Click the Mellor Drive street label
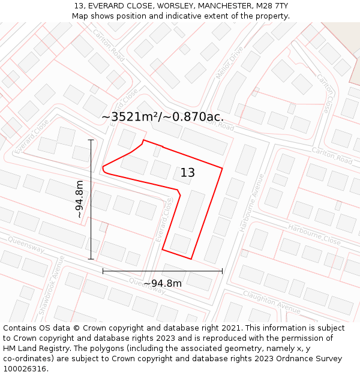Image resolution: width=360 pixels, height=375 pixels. click(229, 62)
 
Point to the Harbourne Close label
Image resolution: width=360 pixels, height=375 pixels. click(314, 235)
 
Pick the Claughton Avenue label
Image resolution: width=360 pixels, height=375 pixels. click(271, 302)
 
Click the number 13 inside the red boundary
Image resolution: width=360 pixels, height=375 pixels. click(187, 173)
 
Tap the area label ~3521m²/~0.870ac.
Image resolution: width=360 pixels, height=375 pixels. click(163, 117)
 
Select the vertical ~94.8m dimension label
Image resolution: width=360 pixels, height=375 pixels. click(80, 200)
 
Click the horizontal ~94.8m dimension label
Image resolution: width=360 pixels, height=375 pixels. click(162, 283)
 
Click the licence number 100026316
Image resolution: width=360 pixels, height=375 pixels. click(26, 368)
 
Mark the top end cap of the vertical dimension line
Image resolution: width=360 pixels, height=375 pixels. click(91, 140)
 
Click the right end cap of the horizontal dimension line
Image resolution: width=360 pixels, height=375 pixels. click(222, 271)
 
